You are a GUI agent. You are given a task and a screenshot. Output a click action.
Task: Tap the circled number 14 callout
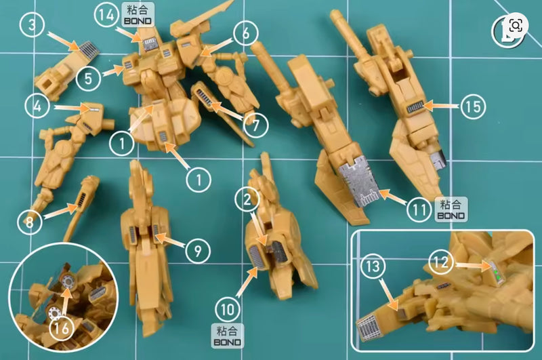106,17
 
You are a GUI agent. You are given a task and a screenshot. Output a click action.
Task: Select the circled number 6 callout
247,33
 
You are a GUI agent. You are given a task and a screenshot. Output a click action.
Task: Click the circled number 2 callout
247,199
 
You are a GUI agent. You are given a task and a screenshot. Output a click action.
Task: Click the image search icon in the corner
516,26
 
